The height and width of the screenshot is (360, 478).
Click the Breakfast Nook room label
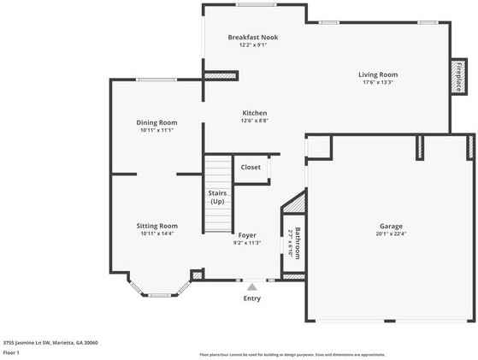252,38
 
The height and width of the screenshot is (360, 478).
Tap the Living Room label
377,74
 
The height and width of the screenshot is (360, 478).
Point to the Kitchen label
255,113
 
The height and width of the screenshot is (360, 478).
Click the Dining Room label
156,122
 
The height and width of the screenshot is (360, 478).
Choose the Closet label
251,167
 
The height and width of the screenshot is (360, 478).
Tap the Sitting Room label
156,225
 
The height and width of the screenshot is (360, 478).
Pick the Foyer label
247,234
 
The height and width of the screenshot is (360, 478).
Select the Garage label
391,225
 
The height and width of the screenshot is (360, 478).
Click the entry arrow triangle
251,287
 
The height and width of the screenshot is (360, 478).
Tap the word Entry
252,298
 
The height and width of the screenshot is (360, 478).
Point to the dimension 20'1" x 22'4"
391,233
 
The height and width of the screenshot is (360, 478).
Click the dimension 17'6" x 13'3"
377,83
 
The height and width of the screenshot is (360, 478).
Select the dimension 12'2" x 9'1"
252,46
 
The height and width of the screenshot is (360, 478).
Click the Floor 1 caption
11,351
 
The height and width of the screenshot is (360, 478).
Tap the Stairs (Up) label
217,198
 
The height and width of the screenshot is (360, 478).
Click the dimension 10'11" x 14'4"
156,233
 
